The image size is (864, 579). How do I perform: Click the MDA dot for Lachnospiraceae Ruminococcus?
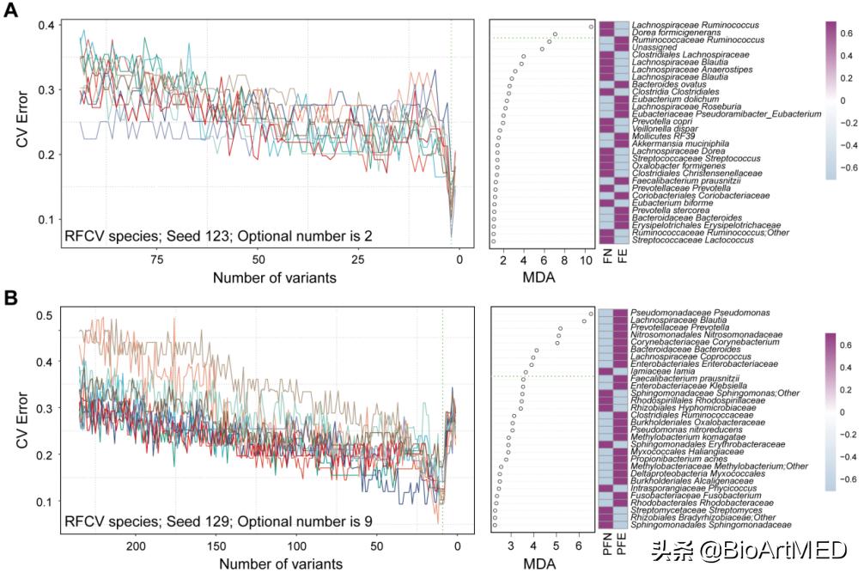pyautogui.click(x=591, y=27)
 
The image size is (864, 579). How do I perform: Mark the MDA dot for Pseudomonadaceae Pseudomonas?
pyautogui.click(x=591, y=314)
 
